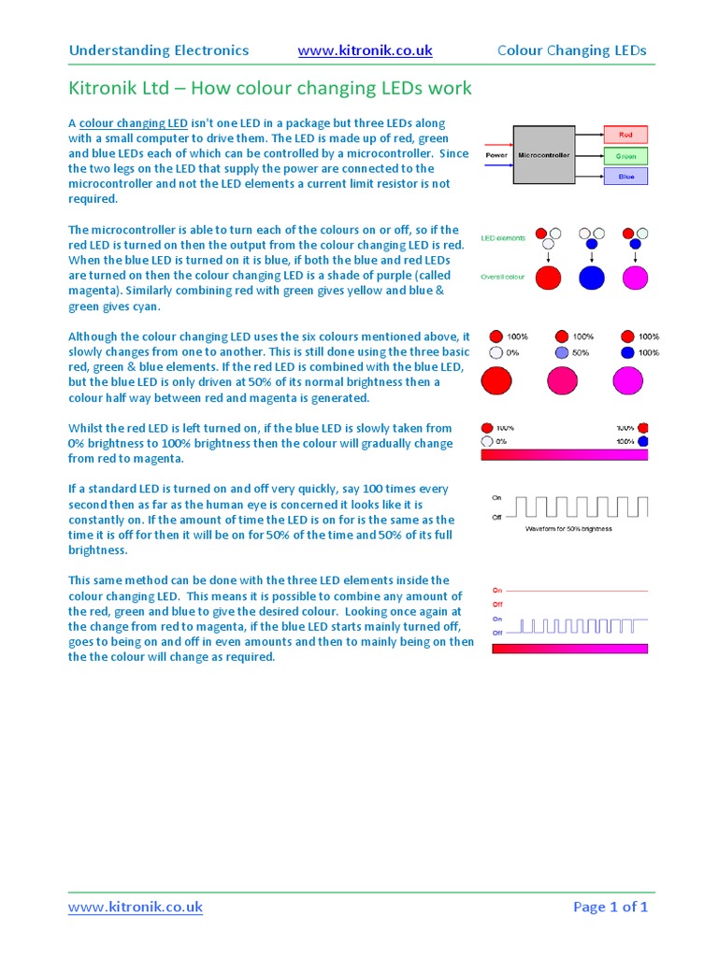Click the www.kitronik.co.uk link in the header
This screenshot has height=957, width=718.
[365, 50]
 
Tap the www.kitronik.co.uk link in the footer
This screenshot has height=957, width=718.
[136, 907]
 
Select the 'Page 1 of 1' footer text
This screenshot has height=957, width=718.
[610, 907]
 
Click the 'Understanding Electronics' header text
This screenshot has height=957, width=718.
[159, 50]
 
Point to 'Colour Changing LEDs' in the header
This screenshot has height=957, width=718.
[571, 50]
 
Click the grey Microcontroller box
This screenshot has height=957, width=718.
[543, 154]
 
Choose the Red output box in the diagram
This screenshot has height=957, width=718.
[625, 135]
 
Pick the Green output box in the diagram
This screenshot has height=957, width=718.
[625, 155]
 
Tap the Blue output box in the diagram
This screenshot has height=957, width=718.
[625, 176]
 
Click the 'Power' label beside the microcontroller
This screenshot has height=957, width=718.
[495, 155]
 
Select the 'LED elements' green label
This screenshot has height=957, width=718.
[502, 238]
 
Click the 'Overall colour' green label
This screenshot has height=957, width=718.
[503, 277]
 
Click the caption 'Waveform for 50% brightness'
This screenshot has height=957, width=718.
[567, 529]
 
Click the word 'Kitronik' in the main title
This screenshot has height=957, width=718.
[104, 89]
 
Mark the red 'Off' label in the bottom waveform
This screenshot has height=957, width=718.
[497, 605]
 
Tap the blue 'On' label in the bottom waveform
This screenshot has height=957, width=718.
[497, 619]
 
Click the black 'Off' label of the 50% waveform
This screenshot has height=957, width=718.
[497, 516]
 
